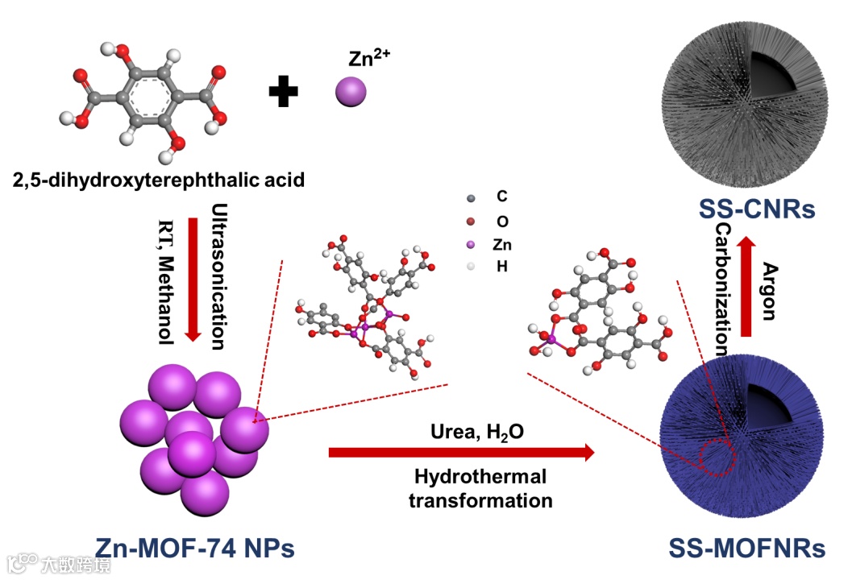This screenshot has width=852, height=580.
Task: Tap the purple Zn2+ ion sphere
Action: coord(351,90)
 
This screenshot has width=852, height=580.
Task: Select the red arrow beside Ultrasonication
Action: coord(193,278)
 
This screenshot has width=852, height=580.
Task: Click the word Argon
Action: coord(770,291)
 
